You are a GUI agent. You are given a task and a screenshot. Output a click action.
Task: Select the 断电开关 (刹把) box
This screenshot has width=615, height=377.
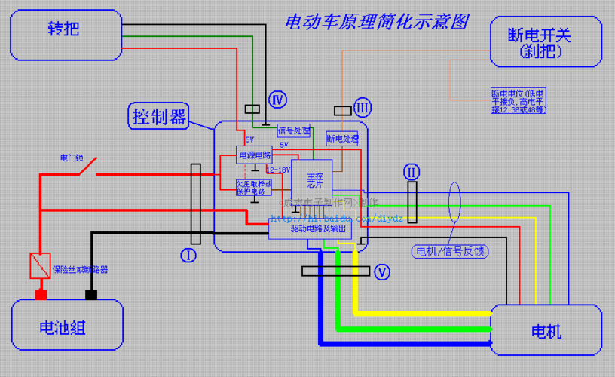[x=546, y=41]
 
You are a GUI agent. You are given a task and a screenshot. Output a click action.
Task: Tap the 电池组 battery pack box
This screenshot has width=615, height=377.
[x=67, y=325]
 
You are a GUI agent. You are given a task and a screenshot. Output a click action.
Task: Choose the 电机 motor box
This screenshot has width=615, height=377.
[x=546, y=330]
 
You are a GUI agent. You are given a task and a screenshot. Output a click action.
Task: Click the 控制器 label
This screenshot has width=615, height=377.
[x=158, y=116]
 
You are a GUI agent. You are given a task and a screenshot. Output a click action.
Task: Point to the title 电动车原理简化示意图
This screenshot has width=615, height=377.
[x=376, y=22]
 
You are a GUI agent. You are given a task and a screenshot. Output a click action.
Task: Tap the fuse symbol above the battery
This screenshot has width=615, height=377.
[x=40, y=265]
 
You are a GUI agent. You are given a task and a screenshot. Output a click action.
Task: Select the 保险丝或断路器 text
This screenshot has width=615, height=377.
[x=80, y=268]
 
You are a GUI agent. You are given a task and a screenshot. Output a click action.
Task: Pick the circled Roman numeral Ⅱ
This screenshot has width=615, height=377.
[x=411, y=171]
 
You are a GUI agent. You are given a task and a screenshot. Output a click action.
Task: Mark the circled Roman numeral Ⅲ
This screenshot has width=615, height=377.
[x=363, y=108]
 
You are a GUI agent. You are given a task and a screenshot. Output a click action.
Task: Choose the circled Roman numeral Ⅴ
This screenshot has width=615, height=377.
[x=382, y=271]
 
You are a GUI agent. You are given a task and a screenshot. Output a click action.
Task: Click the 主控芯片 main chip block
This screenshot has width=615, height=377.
[x=313, y=180]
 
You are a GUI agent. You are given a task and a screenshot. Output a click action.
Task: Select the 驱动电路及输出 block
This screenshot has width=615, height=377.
[x=301, y=228]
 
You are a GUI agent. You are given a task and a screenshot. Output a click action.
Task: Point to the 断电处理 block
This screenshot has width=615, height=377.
[x=342, y=139]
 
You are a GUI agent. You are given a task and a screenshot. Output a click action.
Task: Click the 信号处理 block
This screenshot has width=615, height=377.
[x=293, y=131]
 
